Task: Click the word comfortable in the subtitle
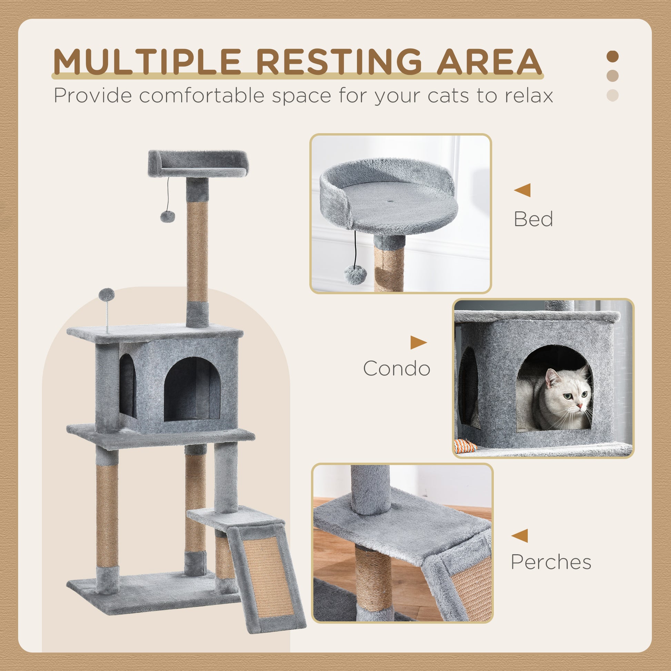202,95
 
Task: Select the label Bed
533,220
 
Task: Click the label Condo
397,369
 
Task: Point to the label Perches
551,562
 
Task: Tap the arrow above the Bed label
523,190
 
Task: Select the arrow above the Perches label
520,535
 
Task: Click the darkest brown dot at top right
613,57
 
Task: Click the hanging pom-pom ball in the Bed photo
353,275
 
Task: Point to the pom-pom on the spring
106,295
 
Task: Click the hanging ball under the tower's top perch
167,217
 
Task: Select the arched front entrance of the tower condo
192,389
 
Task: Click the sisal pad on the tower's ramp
267,568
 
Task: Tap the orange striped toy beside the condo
464,445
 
